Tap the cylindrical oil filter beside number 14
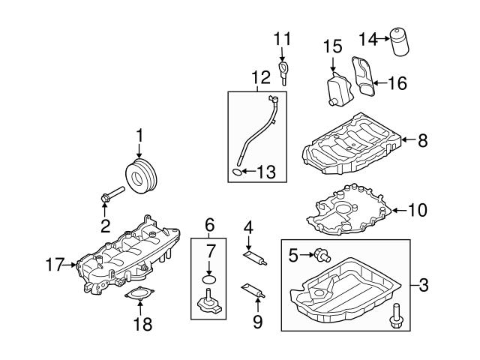coord(400,42)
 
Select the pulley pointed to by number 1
coord(141,177)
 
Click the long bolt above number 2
coord(112,194)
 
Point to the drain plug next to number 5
coord(322,255)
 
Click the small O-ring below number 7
coord(208,279)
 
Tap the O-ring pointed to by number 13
coord(237,172)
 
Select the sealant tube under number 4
coord(255,258)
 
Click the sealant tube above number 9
coord(253,290)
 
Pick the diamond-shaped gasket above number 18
coord(139,293)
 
